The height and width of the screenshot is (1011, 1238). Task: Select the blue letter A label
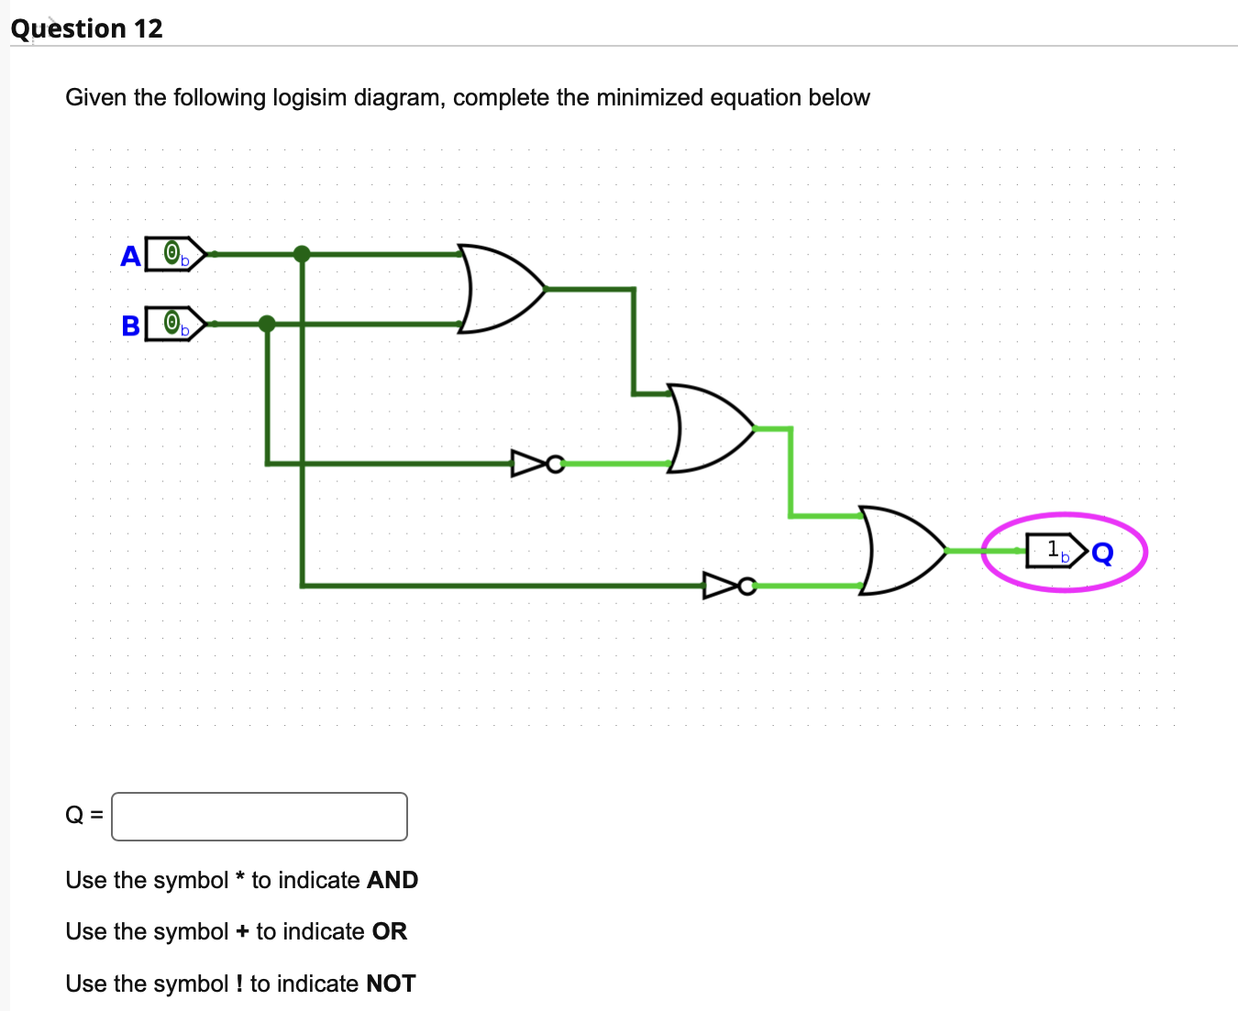[x=130, y=256]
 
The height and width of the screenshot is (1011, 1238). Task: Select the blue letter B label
[x=130, y=325]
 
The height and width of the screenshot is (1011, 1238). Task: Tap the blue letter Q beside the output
[x=1102, y=553]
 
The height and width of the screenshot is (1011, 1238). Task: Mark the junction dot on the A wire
[x=302, y=254]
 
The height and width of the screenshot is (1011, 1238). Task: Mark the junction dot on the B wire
[x=267, y=324]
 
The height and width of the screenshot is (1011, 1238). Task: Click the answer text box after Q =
[x=260, y=816]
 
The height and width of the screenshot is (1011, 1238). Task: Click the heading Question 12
[x=87, y=28]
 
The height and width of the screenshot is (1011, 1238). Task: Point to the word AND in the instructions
[x=392, y=880]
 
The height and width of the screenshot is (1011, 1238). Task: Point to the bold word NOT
[x=391, y=984]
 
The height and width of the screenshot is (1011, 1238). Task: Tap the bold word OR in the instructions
[x=389, y=931]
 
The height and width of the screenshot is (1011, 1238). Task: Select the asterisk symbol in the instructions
[x=239, y=878]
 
